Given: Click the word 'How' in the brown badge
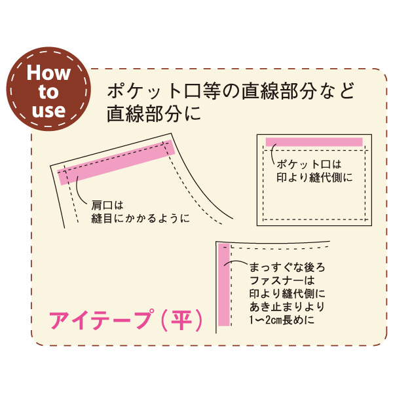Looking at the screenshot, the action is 48,73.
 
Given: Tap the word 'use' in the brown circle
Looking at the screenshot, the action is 48,110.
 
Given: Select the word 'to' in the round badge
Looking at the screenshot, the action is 48,92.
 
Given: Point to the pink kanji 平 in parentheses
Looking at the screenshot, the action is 181,320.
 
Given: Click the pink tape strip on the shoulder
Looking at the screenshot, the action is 116,162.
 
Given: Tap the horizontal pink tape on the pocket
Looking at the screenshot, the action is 314,142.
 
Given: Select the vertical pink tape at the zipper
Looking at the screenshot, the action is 224,284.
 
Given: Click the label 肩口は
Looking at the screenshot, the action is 107,206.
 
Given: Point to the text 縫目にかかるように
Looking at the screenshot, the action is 140,219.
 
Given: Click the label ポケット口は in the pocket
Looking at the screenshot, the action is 309,164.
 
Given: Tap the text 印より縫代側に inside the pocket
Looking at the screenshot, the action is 314,178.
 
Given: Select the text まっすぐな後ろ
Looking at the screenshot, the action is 288,267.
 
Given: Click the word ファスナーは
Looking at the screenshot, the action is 282,280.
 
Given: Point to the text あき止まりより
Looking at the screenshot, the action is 288,307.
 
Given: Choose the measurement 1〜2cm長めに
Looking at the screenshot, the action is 282,320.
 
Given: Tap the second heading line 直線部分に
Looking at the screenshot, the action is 155,113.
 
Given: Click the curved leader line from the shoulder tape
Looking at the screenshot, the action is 80,190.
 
